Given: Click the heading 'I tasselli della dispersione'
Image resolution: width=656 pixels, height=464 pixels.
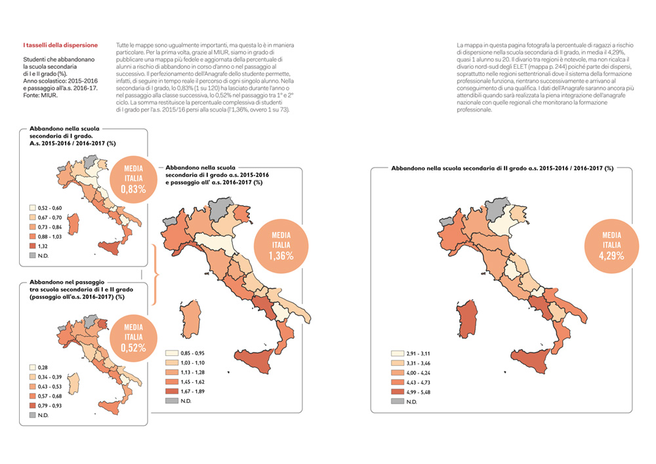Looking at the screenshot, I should pos(60,45).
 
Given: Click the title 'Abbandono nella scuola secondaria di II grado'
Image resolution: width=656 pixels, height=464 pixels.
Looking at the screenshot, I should pos(502,168).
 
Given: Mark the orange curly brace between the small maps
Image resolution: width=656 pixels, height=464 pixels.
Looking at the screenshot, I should pos(155,273).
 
